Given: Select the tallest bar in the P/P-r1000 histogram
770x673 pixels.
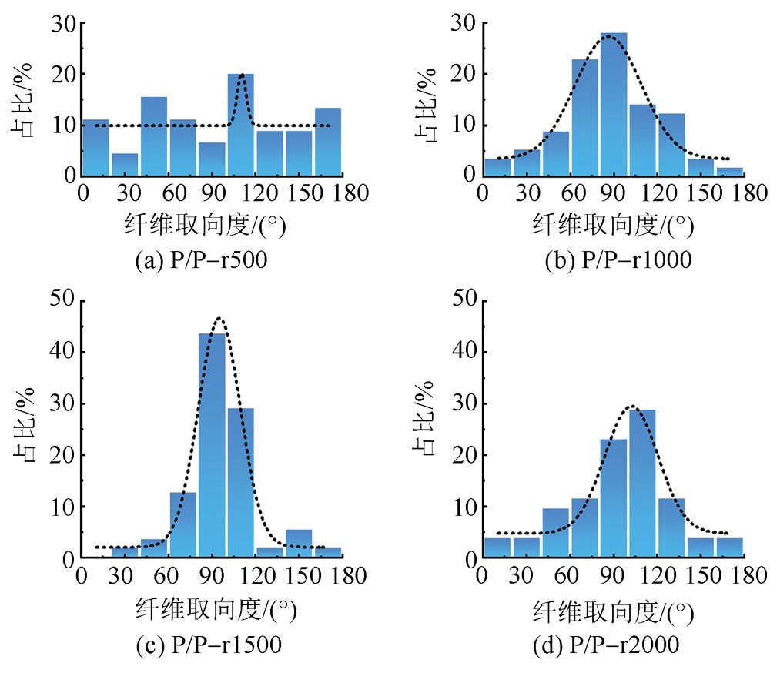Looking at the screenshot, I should pos(614,104).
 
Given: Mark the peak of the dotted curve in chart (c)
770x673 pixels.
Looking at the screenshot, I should pos(219,317).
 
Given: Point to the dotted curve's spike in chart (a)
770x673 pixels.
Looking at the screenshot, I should pos(242,75).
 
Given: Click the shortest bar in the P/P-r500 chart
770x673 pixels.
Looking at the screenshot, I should pos(125,164).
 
